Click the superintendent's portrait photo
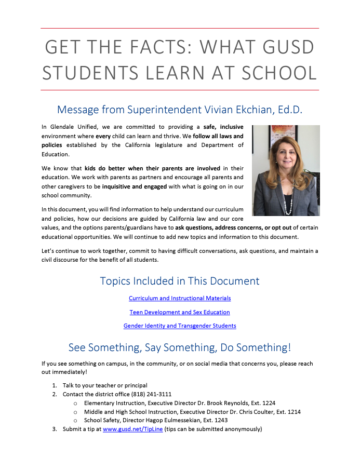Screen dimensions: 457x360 [x=286, y=170]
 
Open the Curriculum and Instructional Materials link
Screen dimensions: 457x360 [x=180, y=298]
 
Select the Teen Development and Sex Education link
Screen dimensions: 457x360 [x=180, y=312]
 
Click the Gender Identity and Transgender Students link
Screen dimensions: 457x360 [x=180, y=326]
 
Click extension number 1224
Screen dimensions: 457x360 [x=268, y=403]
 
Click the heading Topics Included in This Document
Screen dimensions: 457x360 [x=180, y=281]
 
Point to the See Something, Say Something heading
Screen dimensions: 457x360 [x=180, y=347]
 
